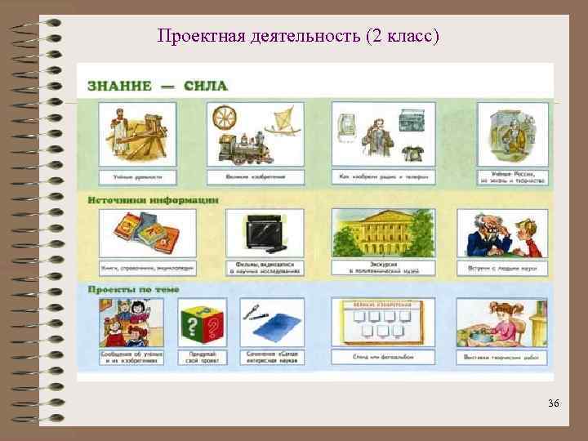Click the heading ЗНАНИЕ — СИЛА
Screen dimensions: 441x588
(157, 86)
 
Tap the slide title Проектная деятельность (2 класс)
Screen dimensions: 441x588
(298, 37)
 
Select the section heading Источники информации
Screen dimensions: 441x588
(154, 199)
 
